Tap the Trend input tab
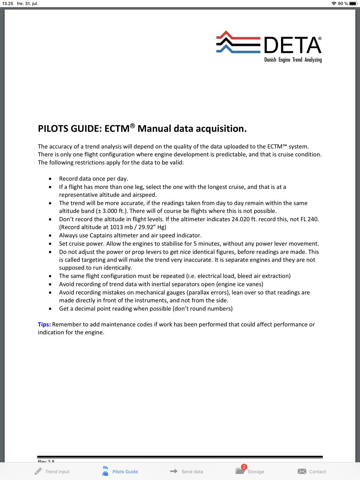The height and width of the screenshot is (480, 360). pyautogui.click(x=52, y=471)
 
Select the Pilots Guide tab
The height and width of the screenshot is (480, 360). pyautogui.click(x=120, y=471)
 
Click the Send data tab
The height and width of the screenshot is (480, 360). pyautogui.click(x=186, y=471)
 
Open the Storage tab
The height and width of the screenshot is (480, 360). pyautogui.click(x=251, y=471)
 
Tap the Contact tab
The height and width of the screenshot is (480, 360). pyautogui.click(x=312, y=471)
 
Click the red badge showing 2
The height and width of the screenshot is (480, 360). pyautogui.click(x=244, y=467)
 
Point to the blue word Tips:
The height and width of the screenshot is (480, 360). pyautogui.click(x=44, y=324)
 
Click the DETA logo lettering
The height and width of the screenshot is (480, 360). pyautogui.click(x=292, y=45)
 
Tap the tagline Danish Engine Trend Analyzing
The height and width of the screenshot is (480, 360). pyautogui.click(x=293, y=60)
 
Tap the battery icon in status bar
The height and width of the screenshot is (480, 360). pyautogui.click(x=353, y=4)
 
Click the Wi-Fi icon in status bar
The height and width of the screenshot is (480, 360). pyautogui.click(x=334, y=4)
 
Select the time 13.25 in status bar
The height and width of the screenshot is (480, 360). pyautogui.click(x=8, y=4)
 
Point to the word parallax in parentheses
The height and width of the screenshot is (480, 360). pyautogui.click(x=199, y=292)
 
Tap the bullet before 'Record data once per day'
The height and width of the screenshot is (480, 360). pyautogui.click(x=50, y=179)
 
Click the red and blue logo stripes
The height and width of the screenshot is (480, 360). pyautogui.click(x=238, y=42)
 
